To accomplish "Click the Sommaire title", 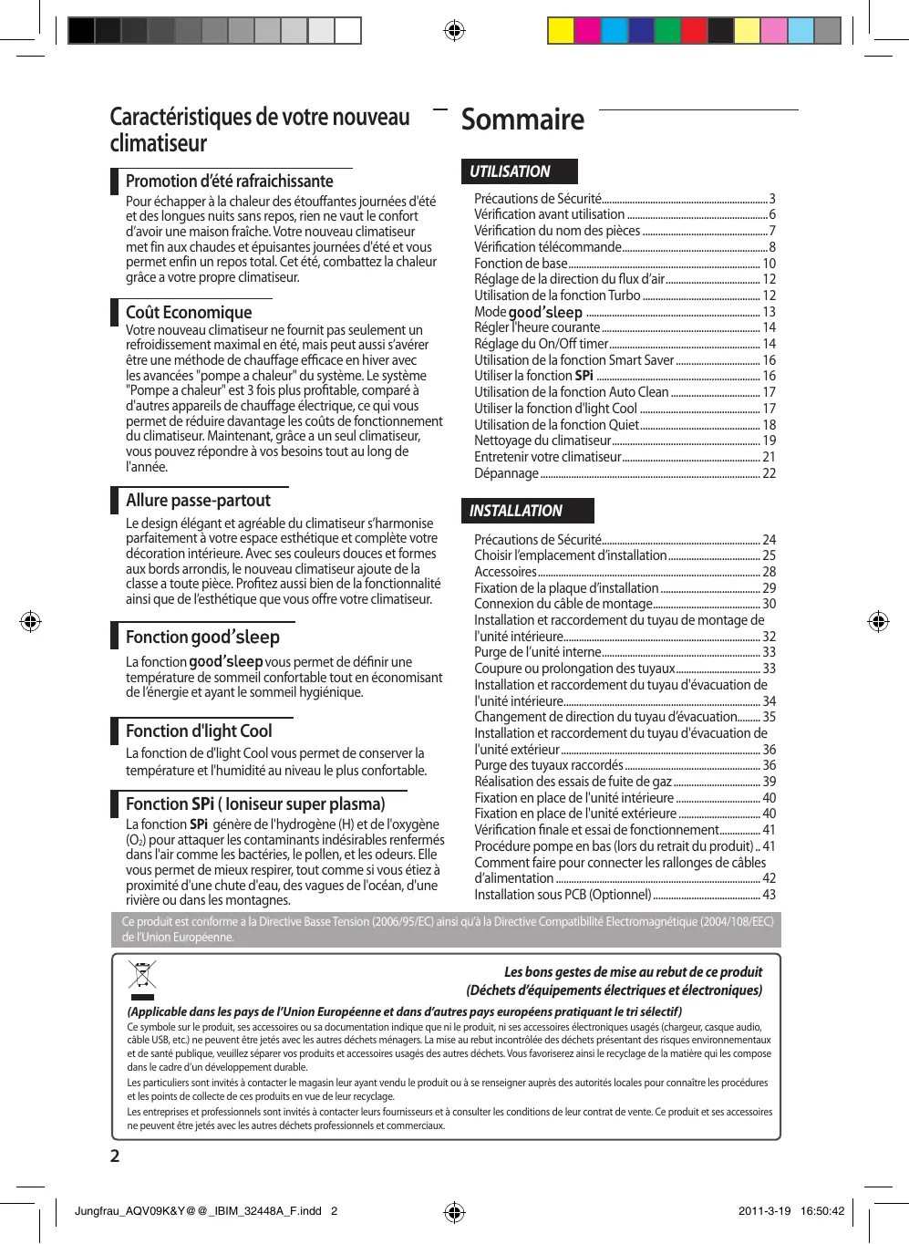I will coord(522,119).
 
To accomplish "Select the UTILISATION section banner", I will coord(519,171).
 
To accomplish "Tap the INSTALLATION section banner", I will coord(527,511).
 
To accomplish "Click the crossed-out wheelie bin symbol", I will coord(142,976).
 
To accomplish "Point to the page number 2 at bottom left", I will coord(115,1156).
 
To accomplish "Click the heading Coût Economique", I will coord(189,312).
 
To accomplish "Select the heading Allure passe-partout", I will coord(198,500).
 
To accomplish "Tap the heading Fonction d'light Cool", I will coord(199,731).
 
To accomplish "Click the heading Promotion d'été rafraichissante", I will coord(229,181).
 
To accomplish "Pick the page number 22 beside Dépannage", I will coord(769,473).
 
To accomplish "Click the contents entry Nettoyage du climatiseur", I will coord(542,441).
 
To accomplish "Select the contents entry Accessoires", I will coord(505,572).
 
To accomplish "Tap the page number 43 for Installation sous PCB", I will coord(769,895).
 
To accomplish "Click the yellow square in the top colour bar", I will coord(561,31).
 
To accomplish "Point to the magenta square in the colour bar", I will coord(587,31).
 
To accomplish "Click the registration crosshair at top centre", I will coord(454,31).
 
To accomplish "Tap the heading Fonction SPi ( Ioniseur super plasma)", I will coord(255,803).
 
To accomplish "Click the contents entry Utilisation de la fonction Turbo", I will coord(557,295).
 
